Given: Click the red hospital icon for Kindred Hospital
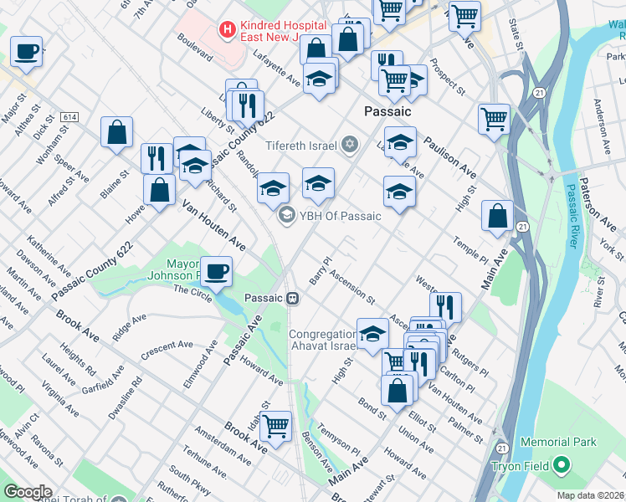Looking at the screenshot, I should [226, 29].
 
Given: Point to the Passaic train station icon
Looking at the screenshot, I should [294, 298].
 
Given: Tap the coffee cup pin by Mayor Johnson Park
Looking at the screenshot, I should [216, 271].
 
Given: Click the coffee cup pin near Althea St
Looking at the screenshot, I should [26, 52].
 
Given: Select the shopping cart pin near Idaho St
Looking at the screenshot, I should [275, 426].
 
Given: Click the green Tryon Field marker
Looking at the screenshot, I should [562, 464].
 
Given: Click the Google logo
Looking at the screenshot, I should [28, 492].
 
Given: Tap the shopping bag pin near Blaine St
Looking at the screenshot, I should [117, 131].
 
